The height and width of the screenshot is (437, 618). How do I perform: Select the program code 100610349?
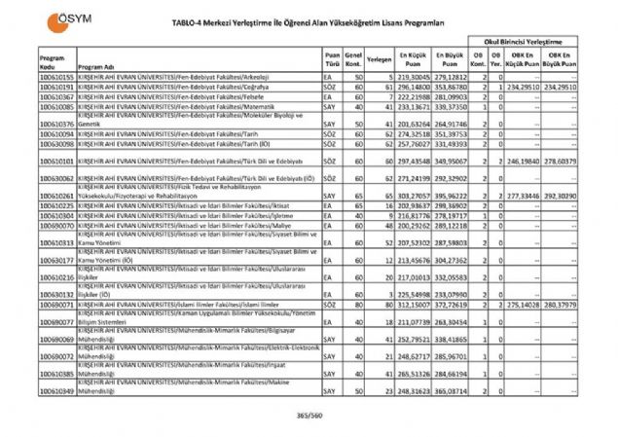click(x=58, y=390)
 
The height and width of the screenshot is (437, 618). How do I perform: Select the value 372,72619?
click(x=452, y=304)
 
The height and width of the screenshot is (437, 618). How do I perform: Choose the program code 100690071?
click(x=58, y=304)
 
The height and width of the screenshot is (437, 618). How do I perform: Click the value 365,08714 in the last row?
click(x=452, y=390)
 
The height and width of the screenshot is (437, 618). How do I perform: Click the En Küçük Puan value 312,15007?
click(x=413, y=304)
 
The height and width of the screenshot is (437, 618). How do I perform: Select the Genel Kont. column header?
click(x=355, y=60)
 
